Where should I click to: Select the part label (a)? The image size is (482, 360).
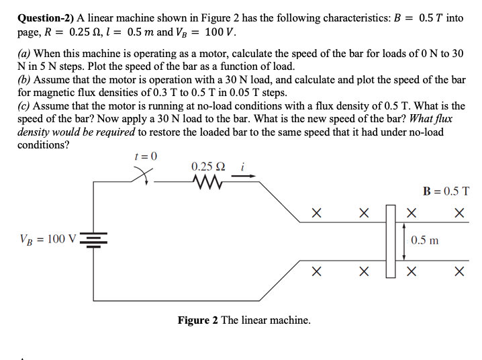point(25,53)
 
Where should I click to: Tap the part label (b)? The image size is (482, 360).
point(25,80)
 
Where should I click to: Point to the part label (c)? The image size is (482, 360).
point(24,106)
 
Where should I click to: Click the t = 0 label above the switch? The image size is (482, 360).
point(146,156)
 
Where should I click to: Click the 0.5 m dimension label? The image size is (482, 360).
point(425,240)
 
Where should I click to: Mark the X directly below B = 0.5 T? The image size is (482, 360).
point(459,213)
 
